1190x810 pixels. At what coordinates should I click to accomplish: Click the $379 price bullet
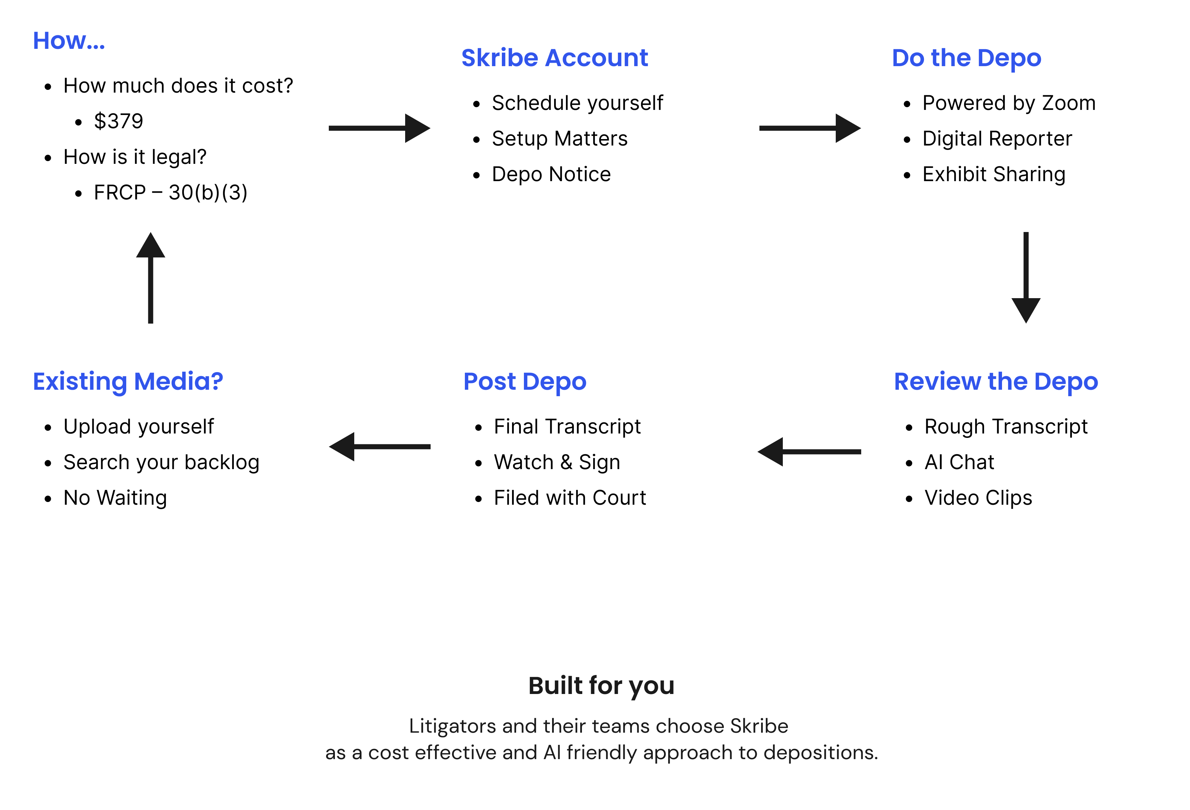pos(118,121)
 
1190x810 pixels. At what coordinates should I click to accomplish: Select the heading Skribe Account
pos(554,58)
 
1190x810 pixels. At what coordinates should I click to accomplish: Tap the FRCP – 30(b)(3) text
pos(171,193)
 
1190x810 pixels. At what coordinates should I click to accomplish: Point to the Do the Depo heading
pos(966,58)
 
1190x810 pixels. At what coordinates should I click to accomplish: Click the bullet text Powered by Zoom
pos(1009,103)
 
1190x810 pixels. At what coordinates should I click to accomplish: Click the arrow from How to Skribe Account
pos(379,128)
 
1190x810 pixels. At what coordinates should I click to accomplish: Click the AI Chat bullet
pos(959,462)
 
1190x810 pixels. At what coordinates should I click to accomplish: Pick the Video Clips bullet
pos(978,498)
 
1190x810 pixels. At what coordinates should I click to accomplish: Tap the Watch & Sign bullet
pos(556,462)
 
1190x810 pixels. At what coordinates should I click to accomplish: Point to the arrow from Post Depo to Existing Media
pos(379,446)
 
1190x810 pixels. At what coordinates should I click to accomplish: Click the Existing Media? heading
pos(128,382)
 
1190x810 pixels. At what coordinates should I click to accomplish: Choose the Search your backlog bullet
pos(161,462)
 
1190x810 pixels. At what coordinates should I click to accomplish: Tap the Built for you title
pos(601,686)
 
